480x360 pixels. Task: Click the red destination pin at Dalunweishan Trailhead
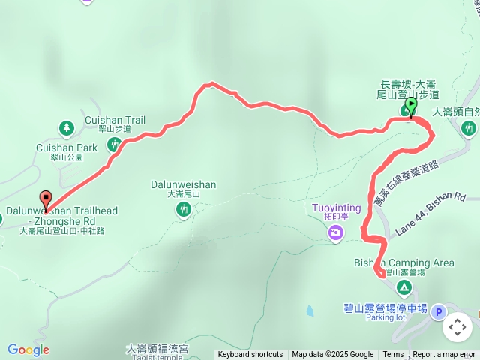46,200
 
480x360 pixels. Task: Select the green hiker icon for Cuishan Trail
114,143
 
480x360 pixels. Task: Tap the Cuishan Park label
66,148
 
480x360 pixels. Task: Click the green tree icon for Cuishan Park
66,128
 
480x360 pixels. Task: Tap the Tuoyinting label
336,208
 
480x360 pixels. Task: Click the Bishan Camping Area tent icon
404,287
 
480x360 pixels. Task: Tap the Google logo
28,349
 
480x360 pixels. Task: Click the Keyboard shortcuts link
250,355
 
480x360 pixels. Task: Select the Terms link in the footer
393,355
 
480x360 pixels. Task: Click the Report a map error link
444,355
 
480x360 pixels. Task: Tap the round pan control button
457,327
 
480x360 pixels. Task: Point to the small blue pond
309,310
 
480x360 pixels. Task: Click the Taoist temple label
158,357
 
